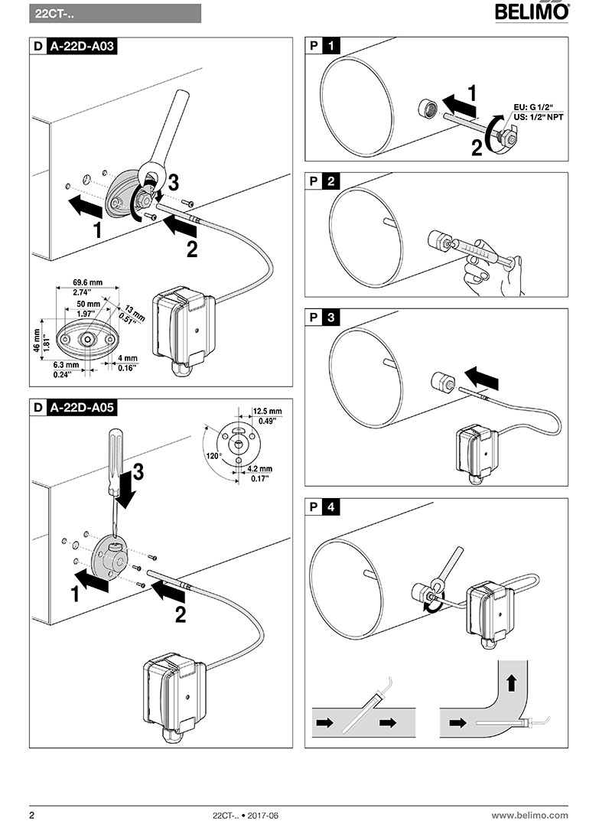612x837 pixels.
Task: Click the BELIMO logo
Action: pyautogui.click(x=532, y=11)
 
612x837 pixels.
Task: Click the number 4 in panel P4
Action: pyautogui.click(x=330, y=506)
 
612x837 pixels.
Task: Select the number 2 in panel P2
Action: pyautogui.click(x=330, y=181)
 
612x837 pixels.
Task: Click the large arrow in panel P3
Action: pyautogui.click(x=485, y=375)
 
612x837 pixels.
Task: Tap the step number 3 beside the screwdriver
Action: pyautogui.click(x=138, y=473)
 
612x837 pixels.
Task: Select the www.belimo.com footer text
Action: pyautogui.click(x=529, y=816)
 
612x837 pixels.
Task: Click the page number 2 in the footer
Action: pyautogui.click(x=31, y=816)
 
